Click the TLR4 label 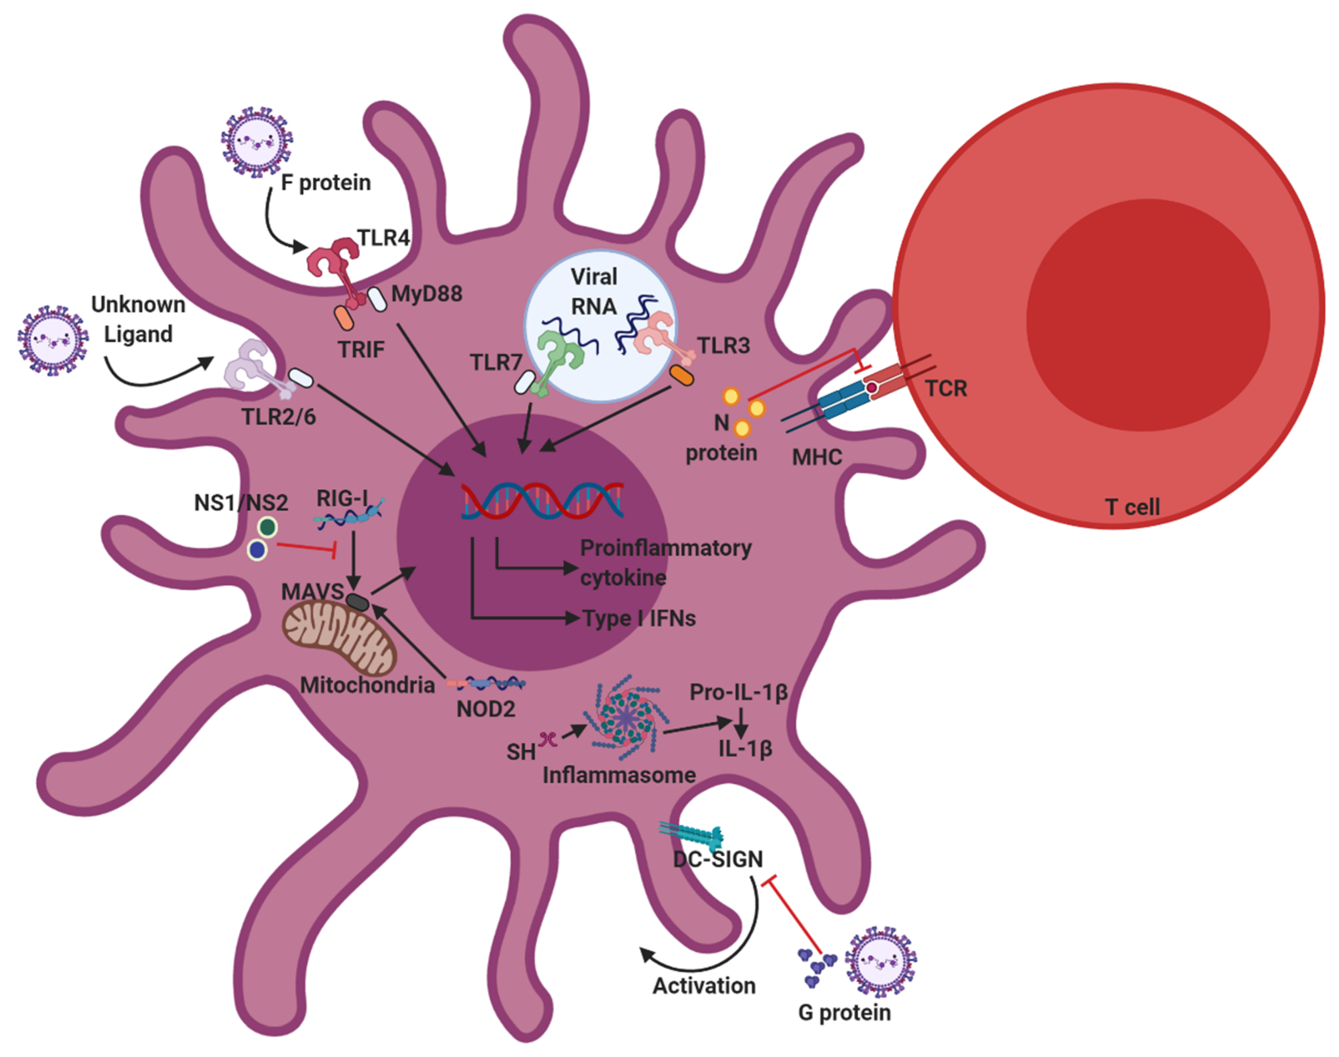[x=383, y=238]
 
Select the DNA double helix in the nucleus [x=542, y=500]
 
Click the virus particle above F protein [x=256, y=142]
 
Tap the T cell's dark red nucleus [x=1148, y=319]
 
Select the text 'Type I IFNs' [x=639, y=618]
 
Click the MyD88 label [x=427, y=293]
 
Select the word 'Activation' [x=704, y=985]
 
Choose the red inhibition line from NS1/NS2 [x=305, y=547]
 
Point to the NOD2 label [x=485, y=708]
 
